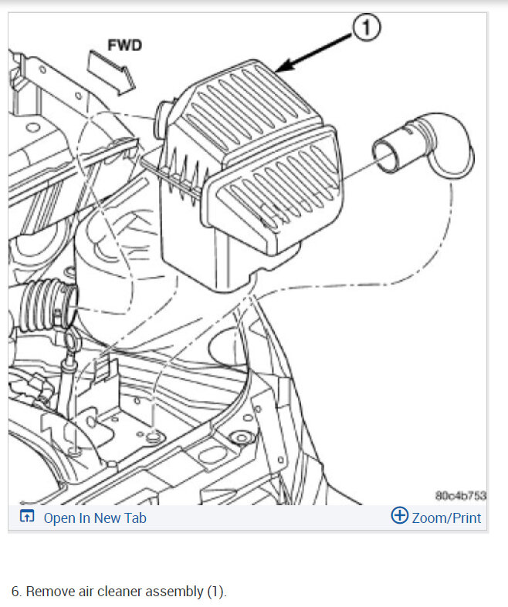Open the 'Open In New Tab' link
[94, 518]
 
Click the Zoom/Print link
[446, 518]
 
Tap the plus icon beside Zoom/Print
[399, 517]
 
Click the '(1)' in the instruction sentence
[215, 592]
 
